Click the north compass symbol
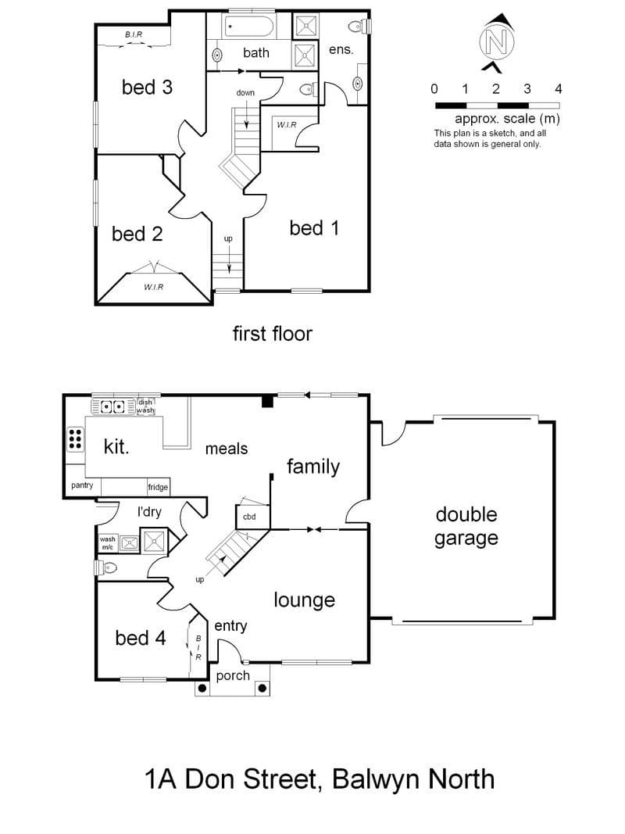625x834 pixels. (x=498, y=42)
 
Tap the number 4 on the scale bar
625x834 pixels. (x=558, y=89)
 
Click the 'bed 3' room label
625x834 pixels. (x=147, y=88)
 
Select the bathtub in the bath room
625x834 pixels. (x=249, y=26)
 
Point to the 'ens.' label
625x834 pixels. (x=341, y=50)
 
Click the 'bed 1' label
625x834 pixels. (x=314, y=228)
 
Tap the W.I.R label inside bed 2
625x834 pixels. (x=154, y=287)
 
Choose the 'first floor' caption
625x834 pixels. (x=272, y=334)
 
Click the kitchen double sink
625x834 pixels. (x=112, y=407)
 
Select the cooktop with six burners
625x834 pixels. (x=75, y=438)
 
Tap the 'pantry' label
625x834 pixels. (x=82, y=485)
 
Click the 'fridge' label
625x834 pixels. (x=158, y=487)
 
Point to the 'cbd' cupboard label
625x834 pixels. (x=249, y=517)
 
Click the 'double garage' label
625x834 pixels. (x=466, y=527)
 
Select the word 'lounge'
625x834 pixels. (x=305, y=600)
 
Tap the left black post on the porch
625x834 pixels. (x=202, y=689)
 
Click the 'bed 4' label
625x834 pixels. (x=141, y=638)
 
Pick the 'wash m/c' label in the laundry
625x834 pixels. (x=107, y=543)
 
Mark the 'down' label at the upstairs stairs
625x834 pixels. (x=245, y=92)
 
